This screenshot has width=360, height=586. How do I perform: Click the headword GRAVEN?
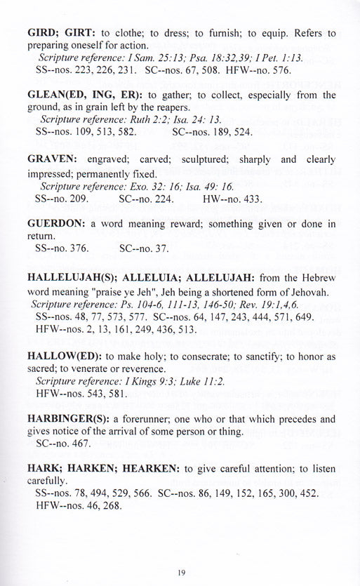click(53, 159)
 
